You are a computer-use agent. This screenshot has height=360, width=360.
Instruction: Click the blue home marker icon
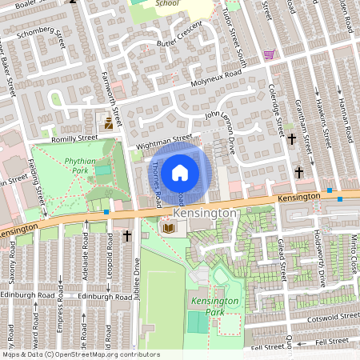[180, 173]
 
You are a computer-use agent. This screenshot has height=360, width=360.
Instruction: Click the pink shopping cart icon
[270, 55]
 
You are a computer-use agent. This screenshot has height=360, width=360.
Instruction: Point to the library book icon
[168, 229]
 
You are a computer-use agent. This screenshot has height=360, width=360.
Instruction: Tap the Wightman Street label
[165, 140]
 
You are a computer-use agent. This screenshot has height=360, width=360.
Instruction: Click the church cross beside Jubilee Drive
[127, 236]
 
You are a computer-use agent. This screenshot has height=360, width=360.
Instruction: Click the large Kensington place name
[206, 214]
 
